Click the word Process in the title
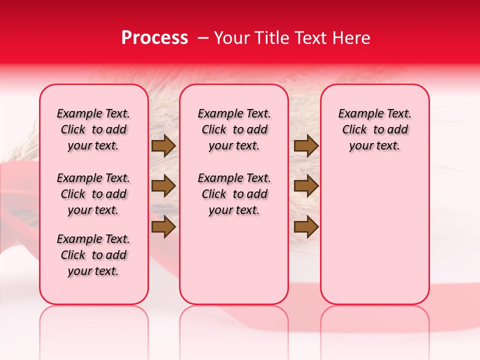coord(154,38)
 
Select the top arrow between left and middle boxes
coord(163,146)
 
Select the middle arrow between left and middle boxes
coord(163,186)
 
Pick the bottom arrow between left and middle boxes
coord(163,227)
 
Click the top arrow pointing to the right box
coord(306,146)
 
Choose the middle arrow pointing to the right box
coord(306,186)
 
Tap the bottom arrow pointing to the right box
coord(306,227)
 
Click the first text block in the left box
coord(93,129)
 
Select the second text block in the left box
coord(93,194)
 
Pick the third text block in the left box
coord(93,255)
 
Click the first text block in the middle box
coord(234,129)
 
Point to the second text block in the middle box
coord(234,194)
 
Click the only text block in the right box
coord(374,129)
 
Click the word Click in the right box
coord(354,130)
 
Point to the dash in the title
coord(203,38)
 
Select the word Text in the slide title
coord(307,38)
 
